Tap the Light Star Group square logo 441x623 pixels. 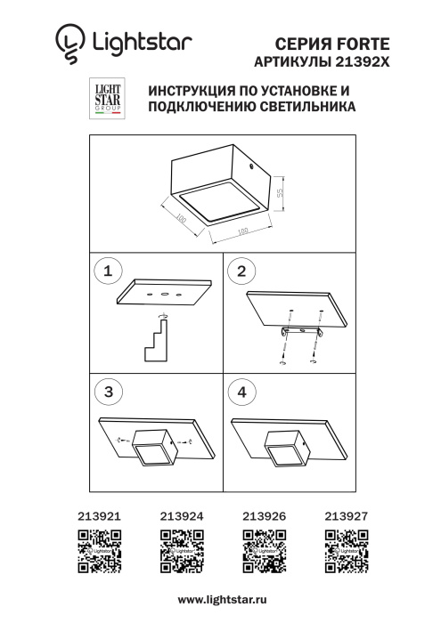[107, 99]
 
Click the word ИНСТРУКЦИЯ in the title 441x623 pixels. [196, 92]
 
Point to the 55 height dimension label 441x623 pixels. [279, 192]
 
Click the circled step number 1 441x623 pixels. [109, 271]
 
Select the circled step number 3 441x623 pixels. [109, 391]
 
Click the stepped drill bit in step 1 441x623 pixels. [155, 343]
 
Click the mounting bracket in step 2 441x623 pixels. [300, 332]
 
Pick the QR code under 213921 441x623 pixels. [98, 550]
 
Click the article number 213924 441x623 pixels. [181, 514]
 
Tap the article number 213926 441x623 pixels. [263, 514]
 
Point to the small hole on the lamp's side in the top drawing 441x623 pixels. [253, 166]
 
